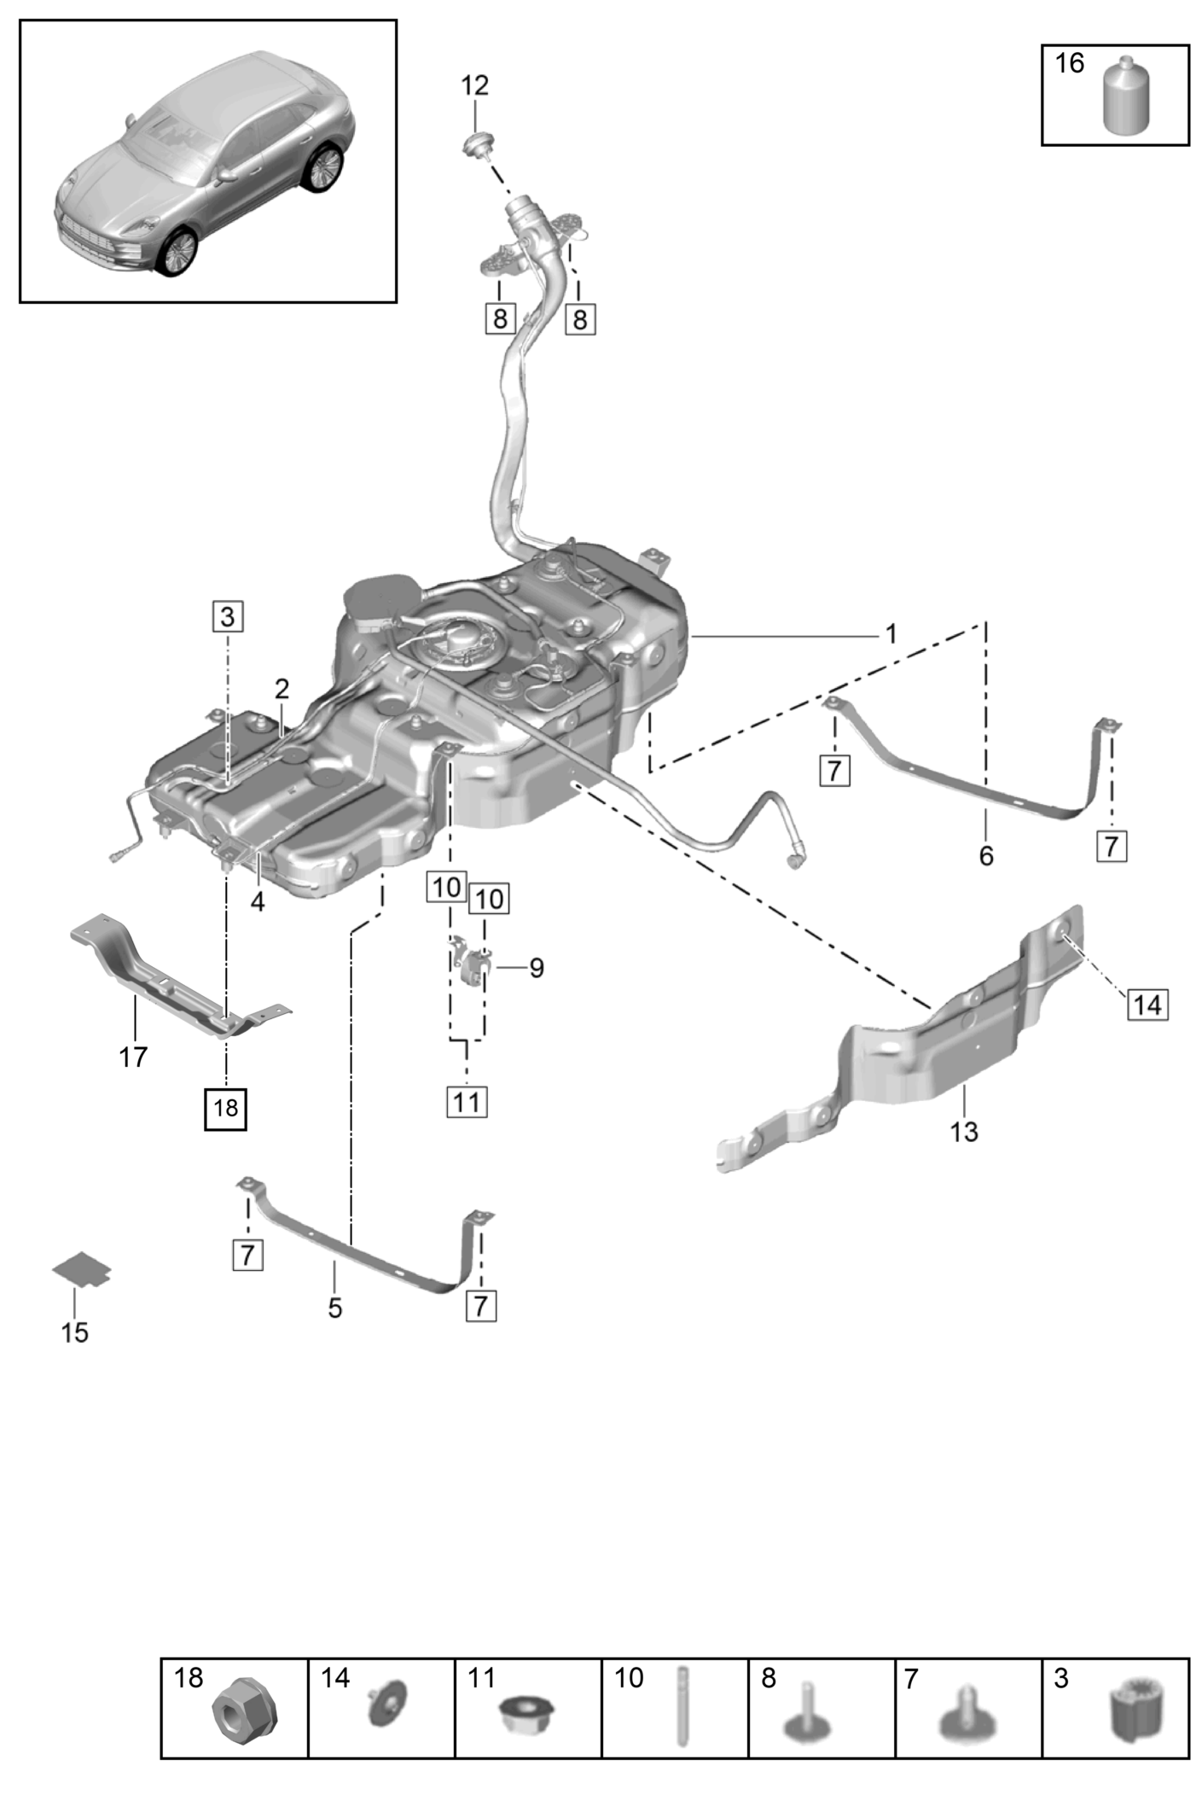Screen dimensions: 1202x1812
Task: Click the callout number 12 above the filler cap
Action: [475, 85]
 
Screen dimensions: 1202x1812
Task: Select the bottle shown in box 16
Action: [1126, 96]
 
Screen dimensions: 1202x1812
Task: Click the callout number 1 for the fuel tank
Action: [891, 634]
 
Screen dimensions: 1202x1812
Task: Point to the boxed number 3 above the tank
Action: [227, 615]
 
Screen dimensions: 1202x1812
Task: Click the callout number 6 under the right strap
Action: [986, 855]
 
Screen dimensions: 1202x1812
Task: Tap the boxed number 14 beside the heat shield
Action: [1147, 1004]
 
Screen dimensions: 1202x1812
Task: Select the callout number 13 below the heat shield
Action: [964, 1132]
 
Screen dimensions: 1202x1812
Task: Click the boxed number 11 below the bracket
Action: [467, 1101]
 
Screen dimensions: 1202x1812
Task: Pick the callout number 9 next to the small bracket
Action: [536, 968]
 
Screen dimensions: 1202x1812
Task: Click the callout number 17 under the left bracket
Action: [133, 1057]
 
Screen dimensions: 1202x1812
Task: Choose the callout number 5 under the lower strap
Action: [334, 1308]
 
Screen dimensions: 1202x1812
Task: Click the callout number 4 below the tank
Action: [258, 901]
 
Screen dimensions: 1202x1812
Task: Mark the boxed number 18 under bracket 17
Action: [226, 1108]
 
